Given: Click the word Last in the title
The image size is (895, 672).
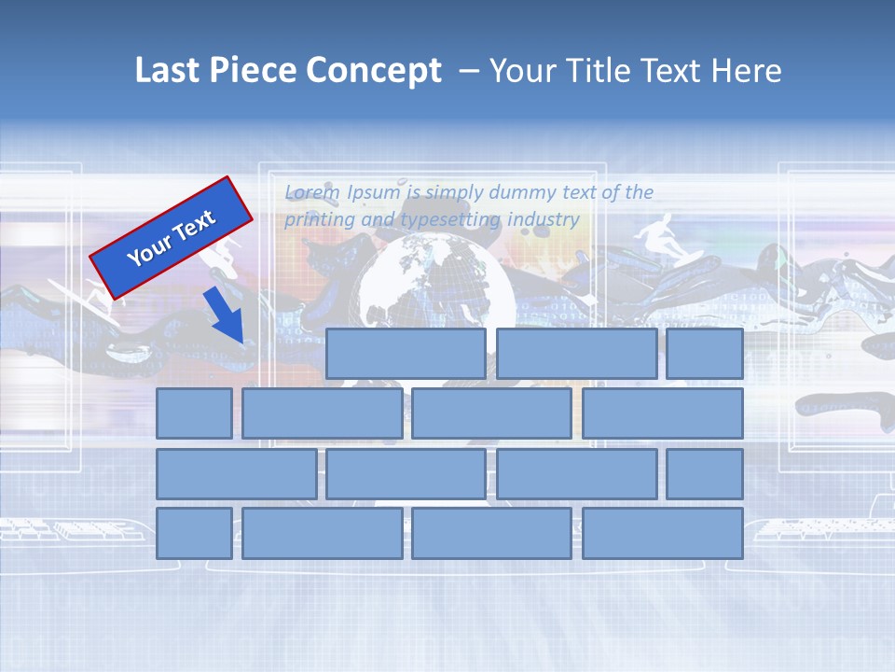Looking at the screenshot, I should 167,71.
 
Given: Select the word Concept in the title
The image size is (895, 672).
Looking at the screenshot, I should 375,71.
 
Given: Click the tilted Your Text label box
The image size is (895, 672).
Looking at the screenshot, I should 172,237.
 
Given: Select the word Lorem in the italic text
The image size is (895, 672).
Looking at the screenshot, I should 312,193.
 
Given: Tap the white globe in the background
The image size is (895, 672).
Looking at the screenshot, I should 434,280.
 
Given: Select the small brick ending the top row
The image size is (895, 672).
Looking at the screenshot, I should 705,354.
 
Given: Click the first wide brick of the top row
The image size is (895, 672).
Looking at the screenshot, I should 406,354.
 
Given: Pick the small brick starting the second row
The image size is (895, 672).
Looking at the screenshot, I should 194,413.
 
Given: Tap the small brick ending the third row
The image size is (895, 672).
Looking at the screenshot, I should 705,473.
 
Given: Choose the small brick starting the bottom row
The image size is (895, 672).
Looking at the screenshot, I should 194,533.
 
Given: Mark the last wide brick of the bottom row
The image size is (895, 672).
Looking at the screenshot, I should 663,533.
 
